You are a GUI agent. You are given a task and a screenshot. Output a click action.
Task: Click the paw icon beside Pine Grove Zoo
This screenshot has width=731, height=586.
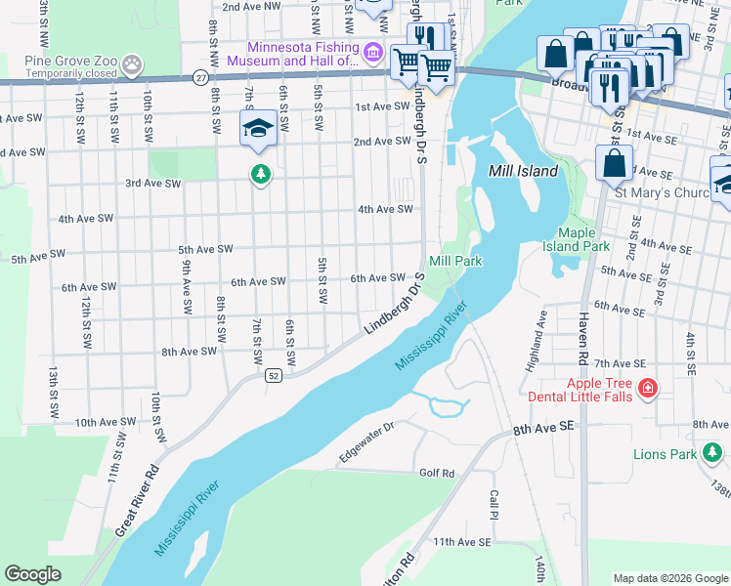132,64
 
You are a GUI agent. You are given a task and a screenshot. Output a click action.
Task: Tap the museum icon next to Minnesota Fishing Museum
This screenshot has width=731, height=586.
372,51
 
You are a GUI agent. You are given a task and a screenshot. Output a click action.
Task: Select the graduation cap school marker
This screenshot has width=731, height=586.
258,128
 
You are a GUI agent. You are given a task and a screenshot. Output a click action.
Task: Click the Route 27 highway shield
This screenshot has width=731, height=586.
199,77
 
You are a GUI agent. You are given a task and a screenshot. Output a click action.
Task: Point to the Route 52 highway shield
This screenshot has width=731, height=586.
273,376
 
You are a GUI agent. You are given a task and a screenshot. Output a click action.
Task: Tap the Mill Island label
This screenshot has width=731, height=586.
523,171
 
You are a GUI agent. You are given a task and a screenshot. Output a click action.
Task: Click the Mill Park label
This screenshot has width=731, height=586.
455,262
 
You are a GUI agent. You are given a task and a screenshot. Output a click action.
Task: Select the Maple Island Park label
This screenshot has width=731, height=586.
582,239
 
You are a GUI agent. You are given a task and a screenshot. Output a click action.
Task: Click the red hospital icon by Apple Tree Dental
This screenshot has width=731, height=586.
646,390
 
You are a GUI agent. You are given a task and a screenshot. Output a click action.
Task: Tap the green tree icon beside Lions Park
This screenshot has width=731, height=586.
714,452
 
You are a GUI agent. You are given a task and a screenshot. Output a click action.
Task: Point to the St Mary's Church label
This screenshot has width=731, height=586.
660,192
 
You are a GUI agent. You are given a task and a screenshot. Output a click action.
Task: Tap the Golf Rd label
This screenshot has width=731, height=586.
437,474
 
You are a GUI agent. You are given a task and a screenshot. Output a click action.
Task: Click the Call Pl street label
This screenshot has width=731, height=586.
494,504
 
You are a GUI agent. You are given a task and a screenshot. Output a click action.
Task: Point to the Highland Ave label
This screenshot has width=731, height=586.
537,332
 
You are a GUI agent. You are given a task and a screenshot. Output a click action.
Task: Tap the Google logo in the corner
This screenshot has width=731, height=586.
33,574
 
